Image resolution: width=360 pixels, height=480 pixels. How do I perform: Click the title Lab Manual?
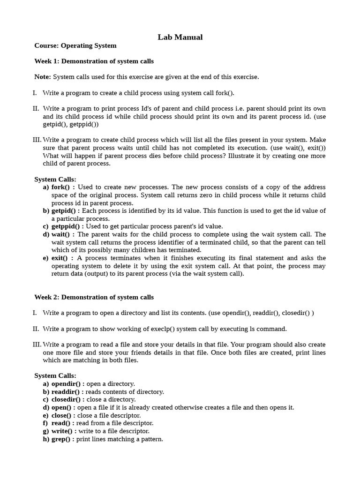click(x=180, y=37)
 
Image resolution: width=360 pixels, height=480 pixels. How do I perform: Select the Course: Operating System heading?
click(x=75, y=46)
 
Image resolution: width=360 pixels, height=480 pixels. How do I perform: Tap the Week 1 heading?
click(x=94, y=61)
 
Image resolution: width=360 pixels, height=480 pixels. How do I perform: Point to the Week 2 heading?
click(x=94, y=297)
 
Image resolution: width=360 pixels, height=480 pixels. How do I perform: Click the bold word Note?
click(x=43, y=77)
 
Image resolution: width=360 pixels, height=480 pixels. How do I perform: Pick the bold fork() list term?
click(x=60, y=187)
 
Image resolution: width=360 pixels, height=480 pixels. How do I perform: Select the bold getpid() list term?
click(x=63, y=211)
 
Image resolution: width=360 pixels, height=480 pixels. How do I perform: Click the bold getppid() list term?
click(x=65, y=226)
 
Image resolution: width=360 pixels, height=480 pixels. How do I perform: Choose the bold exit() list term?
click(x=60, y=258)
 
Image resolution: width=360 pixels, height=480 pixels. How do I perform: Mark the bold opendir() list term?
click(x=66, y=384)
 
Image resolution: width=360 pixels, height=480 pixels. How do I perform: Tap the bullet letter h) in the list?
click(x=46, y=439)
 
